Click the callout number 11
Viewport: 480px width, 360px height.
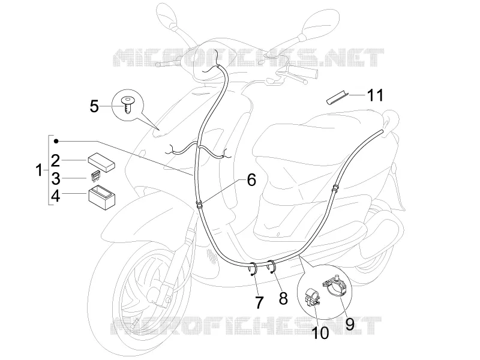375,95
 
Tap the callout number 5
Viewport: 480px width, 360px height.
94,106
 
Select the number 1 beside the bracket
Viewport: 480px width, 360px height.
39,170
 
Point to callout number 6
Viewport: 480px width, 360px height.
251,179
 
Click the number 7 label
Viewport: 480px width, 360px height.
259,302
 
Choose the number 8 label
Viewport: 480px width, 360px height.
283,298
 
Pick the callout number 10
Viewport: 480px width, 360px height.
320,333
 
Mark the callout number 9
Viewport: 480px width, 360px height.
350,324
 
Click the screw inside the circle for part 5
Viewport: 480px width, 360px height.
128,104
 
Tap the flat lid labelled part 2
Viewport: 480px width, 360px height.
101,162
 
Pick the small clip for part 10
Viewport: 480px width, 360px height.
312,296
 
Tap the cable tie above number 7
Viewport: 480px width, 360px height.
253,268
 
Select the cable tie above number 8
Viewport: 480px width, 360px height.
272,266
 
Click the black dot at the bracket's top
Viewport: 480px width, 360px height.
56,141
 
